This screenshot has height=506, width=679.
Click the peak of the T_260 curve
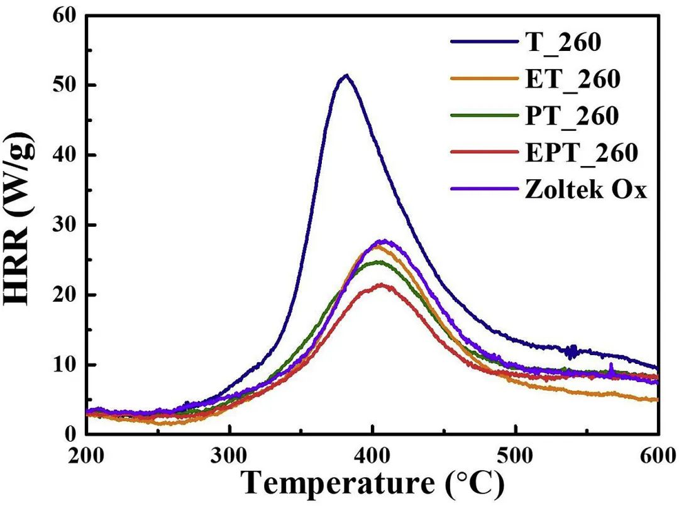tap(345, 76)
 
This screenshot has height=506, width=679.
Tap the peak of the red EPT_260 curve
tap(380, 285)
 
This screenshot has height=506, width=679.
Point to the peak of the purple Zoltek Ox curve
tap(383, 241)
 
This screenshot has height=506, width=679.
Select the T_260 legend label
tap(563, 43)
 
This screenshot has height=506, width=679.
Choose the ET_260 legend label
tap(572, 79)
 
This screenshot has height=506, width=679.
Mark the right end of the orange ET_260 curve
tap(657, 399)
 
